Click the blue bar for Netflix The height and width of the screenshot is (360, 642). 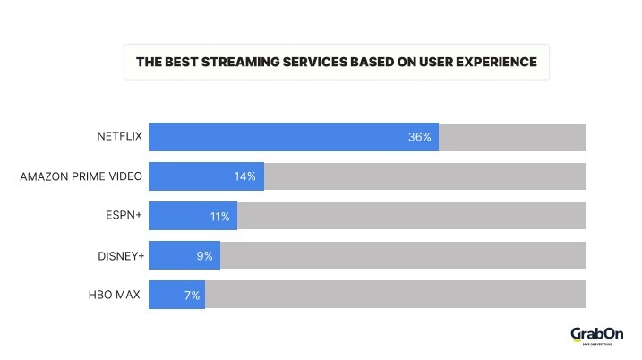pos(293,137)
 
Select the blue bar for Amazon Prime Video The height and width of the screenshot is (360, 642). pos(206,176)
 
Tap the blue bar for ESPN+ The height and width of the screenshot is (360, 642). pos(193,216)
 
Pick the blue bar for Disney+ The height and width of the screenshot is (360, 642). pos(184,255)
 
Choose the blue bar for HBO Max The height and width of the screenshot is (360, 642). pos(176,295)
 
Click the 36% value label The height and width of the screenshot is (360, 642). pos(419,137)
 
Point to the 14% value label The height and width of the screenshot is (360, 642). pos(244,176)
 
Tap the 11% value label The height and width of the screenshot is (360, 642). pos(220,216)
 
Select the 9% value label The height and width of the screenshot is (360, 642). pos(204,255)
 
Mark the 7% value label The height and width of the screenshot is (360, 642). pos(192,295)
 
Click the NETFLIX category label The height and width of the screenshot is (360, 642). pos(119,137)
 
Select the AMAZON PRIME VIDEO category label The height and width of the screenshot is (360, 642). pos(81,176)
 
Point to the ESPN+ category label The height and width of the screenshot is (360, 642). pos(123,216)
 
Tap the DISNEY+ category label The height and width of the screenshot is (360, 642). pos(120,255)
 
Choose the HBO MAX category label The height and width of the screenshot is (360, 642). pos(115,295)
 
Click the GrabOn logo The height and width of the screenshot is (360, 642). pos(595,336)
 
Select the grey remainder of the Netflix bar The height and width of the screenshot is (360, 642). pos(512,137)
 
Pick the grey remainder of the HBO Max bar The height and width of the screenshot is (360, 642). pos(396,295)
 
